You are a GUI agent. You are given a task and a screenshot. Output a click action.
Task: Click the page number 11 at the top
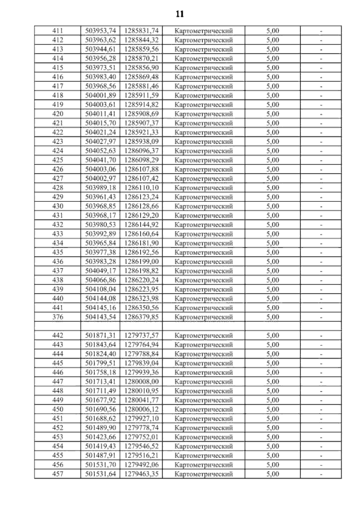[x=180, y=14]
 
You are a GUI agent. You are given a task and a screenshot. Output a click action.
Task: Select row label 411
[x=58, y=31]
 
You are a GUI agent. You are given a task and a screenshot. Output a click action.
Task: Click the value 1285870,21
[x=141, y=58]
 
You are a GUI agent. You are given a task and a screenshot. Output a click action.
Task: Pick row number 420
[x=58, y=114]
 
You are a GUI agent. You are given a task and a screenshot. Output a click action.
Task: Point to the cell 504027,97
[x=100, y=142]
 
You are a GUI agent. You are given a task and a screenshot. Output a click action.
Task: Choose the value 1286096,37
[x=141, y=151]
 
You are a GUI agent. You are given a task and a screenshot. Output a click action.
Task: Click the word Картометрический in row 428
[x=204, y=188]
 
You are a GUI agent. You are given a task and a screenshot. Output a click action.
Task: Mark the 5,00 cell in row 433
[x=273, y=234]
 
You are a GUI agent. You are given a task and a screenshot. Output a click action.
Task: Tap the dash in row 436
[x=321, y=262]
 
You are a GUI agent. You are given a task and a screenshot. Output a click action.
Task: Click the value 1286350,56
[x=141, y=308]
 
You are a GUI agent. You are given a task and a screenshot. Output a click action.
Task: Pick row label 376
[x=58, y=317]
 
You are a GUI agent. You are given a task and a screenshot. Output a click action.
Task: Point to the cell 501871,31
[x=100, y=336]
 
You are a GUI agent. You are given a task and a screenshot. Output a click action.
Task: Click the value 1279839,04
[x=141, y=363]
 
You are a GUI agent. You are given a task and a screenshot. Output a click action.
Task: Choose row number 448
[x=58, y=391]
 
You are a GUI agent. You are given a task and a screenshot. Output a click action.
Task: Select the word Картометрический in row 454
[x=204, y=446]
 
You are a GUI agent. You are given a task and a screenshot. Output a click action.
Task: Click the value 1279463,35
[x=141, y=474]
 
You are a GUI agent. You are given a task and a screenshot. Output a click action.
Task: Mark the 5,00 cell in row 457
[x=273, y=474]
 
